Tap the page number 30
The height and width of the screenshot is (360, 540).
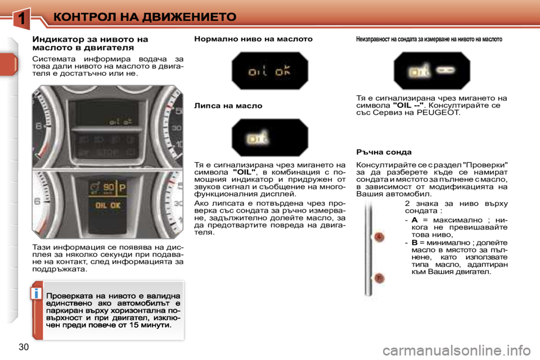tap(24, 346)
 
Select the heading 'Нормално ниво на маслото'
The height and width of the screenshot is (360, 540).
tap(253, 39)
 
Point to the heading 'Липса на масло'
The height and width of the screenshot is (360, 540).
tap(228, 105)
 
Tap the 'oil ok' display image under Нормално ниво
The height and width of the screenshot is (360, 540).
tap(269, 70)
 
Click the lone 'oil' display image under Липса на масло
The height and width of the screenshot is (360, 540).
tap(269, 137)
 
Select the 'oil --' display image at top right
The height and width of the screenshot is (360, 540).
tap(431, 70)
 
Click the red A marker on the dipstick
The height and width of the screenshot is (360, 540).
tap(380, 237)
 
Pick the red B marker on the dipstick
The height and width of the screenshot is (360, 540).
tap(380, 278)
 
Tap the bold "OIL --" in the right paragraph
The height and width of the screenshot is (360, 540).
tap(408, 105)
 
